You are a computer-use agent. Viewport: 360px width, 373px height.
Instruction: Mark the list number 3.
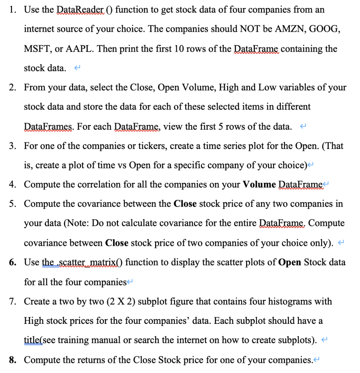[13, 146]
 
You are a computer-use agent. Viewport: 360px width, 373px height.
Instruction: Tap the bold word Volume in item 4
[260, 184]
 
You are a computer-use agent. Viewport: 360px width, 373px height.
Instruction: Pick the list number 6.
[13, 262]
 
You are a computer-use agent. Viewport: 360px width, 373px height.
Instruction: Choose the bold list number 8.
[13, 360]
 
